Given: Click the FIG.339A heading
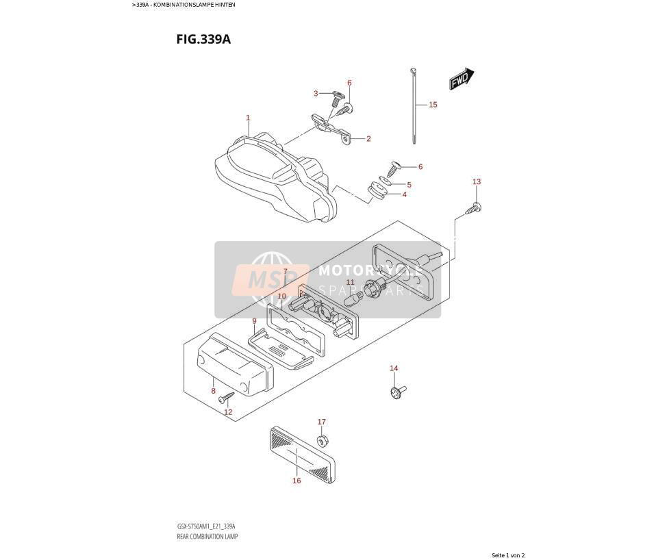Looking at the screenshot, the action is [203, 39].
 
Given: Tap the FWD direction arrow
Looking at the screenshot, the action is [462, 79].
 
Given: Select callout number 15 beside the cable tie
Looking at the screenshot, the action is [433, 105].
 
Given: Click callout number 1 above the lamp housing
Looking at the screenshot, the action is [248, 118].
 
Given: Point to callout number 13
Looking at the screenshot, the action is [477, 181].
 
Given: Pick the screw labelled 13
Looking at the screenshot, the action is [473, 209].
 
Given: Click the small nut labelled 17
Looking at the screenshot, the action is [322, 440].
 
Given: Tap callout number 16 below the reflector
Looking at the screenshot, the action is [297, 481].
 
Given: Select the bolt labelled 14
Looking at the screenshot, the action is [397, 391].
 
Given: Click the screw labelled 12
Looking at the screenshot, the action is [227, 396].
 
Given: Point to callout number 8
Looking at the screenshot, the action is [214, 391].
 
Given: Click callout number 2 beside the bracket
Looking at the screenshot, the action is [368, 139].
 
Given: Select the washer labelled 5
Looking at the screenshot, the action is [386, 180].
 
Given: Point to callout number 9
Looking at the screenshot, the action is [254, 321].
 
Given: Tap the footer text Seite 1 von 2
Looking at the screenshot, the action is [508, 555].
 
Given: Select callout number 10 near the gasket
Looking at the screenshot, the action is [282, 296].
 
